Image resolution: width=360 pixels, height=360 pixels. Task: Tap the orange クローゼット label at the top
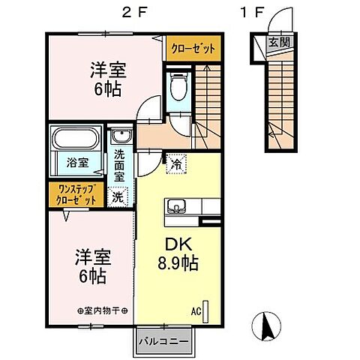tap(193, 47)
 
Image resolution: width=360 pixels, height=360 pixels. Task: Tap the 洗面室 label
tap(120, 167)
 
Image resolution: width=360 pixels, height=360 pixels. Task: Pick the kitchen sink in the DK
tap(178, 206)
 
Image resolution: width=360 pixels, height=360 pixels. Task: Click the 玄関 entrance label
tap(277, 43)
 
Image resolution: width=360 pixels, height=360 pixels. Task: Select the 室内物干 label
tap(103, 310)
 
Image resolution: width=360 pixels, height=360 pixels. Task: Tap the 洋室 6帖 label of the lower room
tap(93, 265)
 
